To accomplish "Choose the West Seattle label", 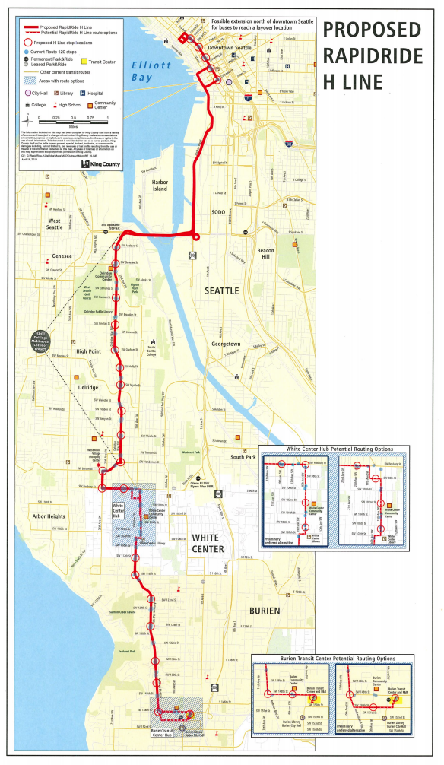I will (x=54, y=224).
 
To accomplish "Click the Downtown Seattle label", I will (x=229, y=47).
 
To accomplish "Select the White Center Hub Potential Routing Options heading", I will (x=335, y=449).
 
